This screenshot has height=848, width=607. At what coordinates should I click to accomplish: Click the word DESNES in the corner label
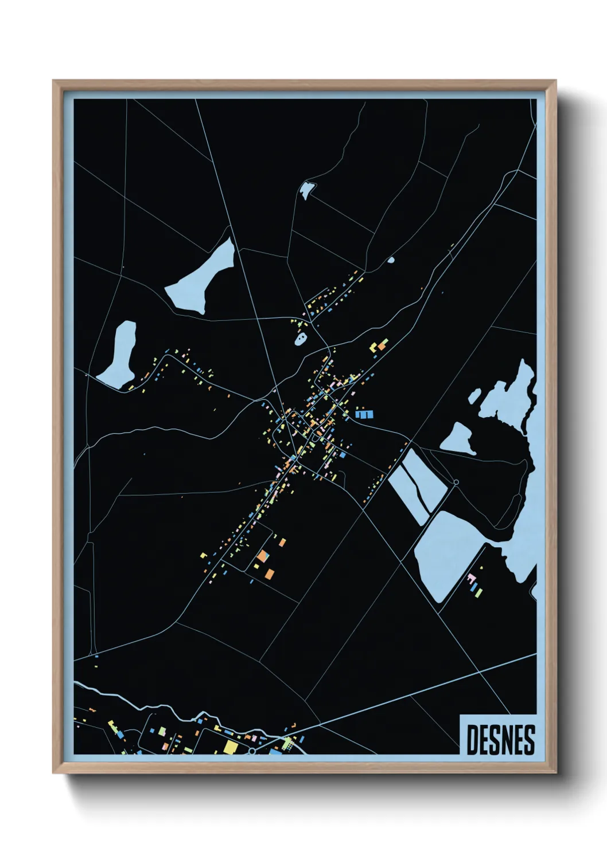tap(500, 740)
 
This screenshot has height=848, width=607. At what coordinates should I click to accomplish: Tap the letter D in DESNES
tap(472, 740)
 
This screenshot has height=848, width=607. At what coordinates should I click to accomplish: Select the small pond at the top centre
tap(308, 190)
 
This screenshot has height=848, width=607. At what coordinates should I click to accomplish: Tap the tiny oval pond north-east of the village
tap(391, 260)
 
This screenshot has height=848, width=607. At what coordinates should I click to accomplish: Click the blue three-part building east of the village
tap(364, 414)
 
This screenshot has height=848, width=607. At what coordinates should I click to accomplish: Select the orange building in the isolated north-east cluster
tap(382, 346)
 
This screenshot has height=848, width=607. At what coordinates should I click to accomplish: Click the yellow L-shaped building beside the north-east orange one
tap(373, 348)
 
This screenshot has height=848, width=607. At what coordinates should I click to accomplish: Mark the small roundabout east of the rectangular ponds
tap(456, 482)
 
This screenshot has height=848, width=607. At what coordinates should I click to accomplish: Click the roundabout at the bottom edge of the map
tap(251, 751)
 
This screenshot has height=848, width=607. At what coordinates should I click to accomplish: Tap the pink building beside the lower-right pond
tap(472, 576)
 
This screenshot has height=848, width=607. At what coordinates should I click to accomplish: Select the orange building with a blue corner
tap(262, 555)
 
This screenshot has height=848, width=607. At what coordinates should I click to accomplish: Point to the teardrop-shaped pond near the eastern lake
tap(457, 438)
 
